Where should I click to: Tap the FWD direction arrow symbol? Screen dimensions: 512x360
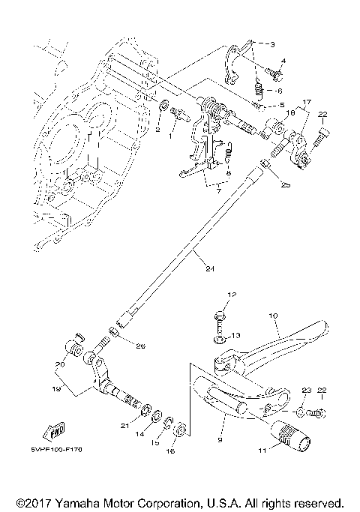pos(55,432)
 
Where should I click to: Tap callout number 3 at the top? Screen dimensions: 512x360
pos(272,45)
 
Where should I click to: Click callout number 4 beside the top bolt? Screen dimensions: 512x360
pos(283,60)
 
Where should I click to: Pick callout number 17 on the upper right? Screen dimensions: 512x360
pos(306,101)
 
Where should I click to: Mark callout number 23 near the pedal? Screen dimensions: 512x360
pos(305,391)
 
